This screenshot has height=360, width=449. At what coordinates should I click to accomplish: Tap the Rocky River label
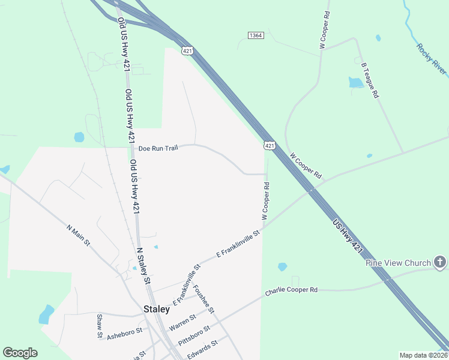[x=432, y=59]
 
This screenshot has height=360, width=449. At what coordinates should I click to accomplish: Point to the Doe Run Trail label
[x=158, y=148]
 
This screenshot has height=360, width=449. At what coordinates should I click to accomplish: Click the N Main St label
[x=78, y=235]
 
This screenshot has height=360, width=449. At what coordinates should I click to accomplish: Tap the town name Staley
[x=156, y=310]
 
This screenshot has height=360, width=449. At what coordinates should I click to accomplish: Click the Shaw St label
[x=100, y=326]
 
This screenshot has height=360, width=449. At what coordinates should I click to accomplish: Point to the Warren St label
[x=182, y=322]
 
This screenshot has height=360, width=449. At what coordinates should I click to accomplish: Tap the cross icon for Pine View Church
[x=440, y=262]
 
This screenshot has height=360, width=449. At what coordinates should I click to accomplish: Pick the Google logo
[x=20, y=353]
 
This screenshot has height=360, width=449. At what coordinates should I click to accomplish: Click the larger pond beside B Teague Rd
[x=355, y=83]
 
